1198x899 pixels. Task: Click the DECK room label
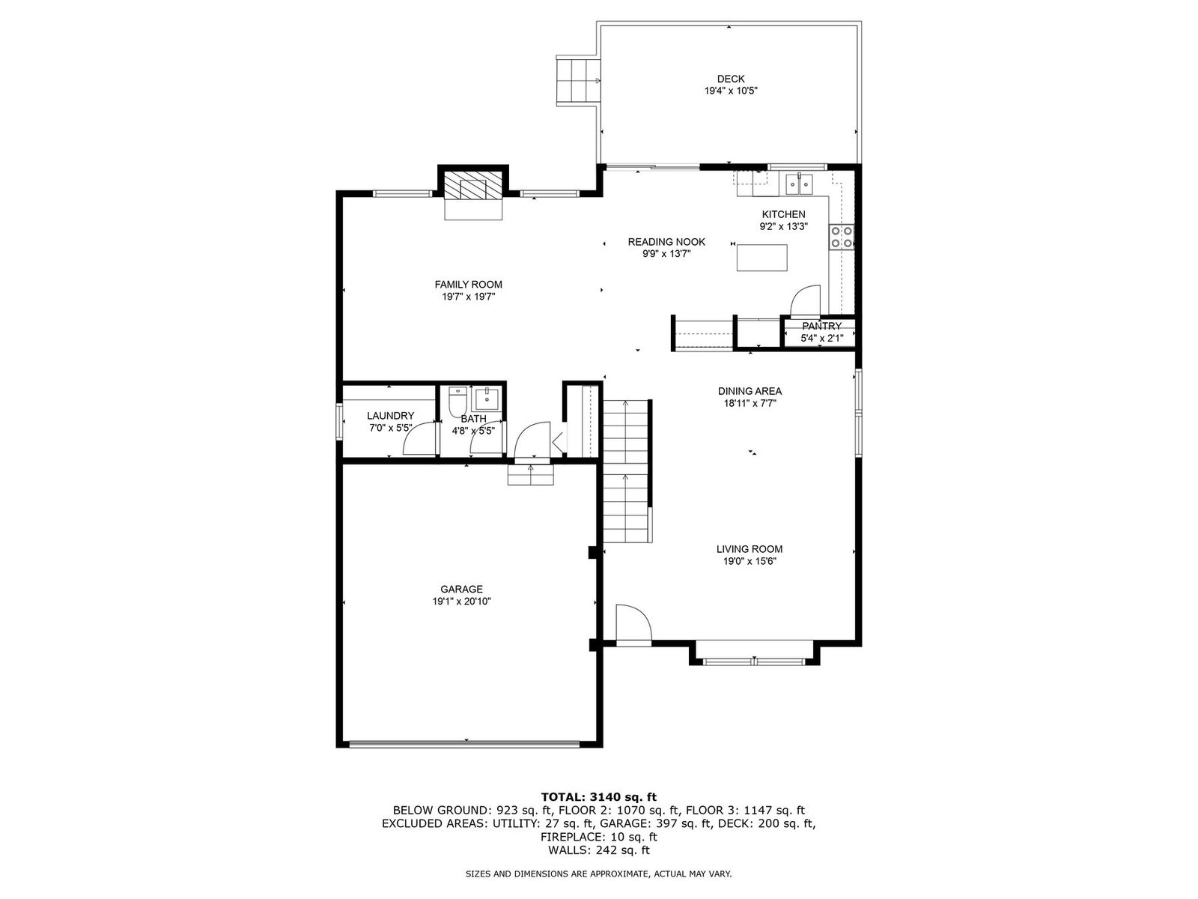[730, 79]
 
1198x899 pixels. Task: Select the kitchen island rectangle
[761, 258]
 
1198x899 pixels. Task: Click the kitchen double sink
[799, 184]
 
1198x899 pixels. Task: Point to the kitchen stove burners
[841, 237]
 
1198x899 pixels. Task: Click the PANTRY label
[821, 326]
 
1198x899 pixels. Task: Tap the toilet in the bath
[457, 402]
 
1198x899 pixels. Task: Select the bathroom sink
[486, 399]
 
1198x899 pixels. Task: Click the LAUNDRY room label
[390, 416]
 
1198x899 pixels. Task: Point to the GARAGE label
[461, 589]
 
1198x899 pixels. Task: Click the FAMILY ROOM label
[468, 285]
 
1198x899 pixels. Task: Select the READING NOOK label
[666, 242]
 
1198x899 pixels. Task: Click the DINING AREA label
[749, 391]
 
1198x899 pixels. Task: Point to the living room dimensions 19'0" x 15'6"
[749, 561]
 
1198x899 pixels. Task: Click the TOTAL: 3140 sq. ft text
[599, 797]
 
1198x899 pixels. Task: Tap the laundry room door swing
[421, 438]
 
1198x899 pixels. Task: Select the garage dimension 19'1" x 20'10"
[461, 602]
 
